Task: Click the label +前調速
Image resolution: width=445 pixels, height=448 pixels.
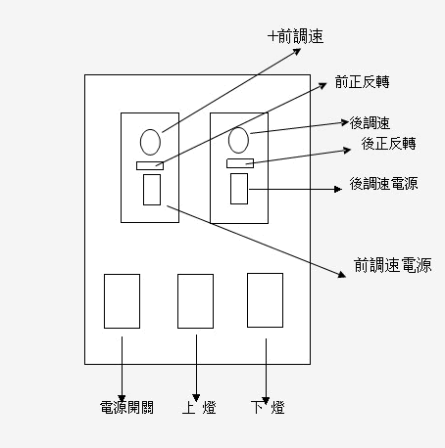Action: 296,36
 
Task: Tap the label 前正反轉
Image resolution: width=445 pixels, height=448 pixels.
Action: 362,82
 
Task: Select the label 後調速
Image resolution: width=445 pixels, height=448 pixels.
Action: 370,123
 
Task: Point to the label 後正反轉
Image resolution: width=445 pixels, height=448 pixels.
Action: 388,144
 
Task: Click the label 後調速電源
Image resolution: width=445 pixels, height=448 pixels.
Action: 383,184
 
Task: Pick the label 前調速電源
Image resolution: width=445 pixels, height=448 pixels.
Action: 393,265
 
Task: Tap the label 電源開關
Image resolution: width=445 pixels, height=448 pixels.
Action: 126,407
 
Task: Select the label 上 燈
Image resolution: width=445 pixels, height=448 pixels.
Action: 199,407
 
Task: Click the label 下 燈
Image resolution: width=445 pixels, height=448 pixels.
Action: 268,407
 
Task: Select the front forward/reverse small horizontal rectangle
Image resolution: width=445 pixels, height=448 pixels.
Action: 150,165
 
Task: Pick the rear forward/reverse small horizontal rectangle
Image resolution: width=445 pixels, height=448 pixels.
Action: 240,163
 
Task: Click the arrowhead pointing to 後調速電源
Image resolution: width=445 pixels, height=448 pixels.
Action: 338,189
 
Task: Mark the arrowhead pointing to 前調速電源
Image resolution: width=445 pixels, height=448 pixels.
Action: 342,275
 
